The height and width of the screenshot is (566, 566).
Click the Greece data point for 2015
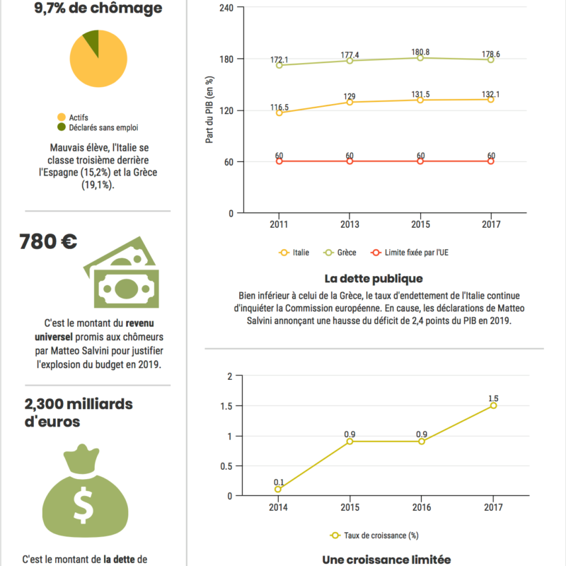[420, 58]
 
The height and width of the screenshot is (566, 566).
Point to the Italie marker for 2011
[279, 112]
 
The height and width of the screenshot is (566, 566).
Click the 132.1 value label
[491, 94]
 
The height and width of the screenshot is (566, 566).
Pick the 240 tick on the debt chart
[226, 8]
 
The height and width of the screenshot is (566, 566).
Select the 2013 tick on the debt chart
[350, 224]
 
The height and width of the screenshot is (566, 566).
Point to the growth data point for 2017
[493, 405]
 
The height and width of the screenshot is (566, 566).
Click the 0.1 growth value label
[279, 483]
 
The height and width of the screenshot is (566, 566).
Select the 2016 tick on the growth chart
[422, 507]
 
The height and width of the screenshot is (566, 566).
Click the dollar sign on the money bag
[84, 504]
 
